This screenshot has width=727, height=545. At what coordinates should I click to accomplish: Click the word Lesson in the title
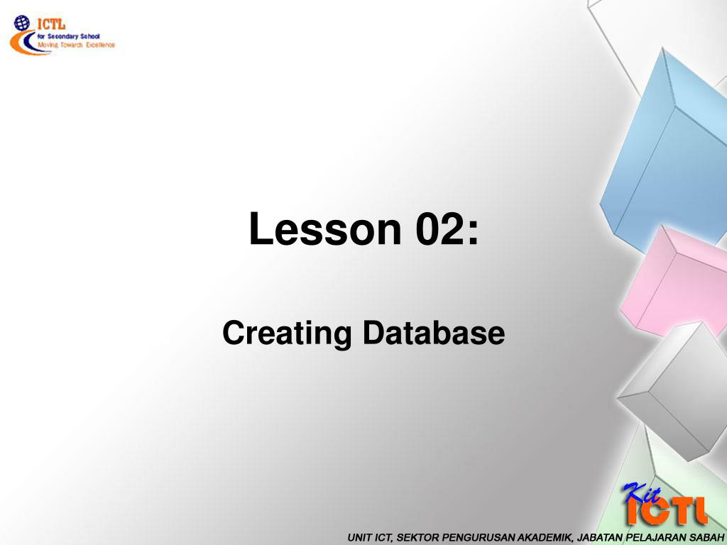(325, 229)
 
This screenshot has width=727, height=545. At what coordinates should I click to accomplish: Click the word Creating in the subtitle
(287, 334)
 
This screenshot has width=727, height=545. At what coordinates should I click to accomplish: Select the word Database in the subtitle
(434, 332)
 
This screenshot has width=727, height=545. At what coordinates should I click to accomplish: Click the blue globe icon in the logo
(22, 23)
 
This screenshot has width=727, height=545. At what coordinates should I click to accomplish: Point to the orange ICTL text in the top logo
(51, 23)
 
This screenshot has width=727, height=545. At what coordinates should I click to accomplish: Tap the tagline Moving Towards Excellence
(76, 45)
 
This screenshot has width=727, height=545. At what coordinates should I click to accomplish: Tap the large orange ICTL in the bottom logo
(667, 511)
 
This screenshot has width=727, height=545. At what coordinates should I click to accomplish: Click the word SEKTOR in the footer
(418, 538)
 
